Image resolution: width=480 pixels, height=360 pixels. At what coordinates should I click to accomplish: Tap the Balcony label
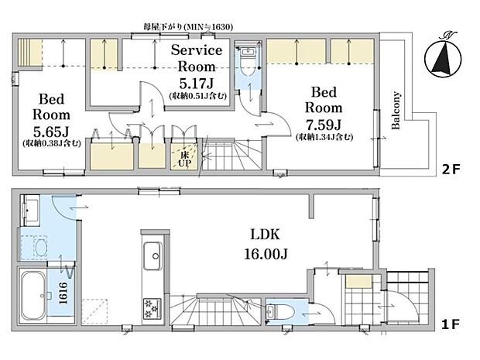[396, 110]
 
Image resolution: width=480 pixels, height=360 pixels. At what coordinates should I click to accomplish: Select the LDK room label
[265, 235]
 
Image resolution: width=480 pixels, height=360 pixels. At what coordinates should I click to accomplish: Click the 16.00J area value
[266, 254]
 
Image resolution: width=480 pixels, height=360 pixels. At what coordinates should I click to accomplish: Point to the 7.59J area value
[324, 125]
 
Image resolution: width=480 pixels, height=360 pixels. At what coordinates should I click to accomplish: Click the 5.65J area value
[51, 132]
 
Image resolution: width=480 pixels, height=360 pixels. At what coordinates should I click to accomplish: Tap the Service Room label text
[197, 58]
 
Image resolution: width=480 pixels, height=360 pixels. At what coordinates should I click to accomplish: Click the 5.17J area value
[196, 83]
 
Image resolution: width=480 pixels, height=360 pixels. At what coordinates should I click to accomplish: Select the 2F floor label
[451, 169]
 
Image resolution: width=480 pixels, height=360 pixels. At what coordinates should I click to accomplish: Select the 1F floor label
[451, 324]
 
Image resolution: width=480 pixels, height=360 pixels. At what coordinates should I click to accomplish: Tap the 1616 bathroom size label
[63, 293]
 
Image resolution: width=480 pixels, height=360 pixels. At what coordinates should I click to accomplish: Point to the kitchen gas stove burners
[153, 308]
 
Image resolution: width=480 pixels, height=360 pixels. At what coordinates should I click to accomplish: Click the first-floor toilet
[279, 312]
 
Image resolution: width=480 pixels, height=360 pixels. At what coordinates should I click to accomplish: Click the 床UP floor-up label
[184, 159]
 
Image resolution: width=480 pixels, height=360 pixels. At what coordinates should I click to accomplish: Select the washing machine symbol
[34, 247]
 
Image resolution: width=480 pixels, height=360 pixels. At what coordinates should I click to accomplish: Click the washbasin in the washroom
[30, 210]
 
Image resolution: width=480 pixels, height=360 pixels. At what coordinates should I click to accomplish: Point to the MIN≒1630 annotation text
[207, 27]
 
